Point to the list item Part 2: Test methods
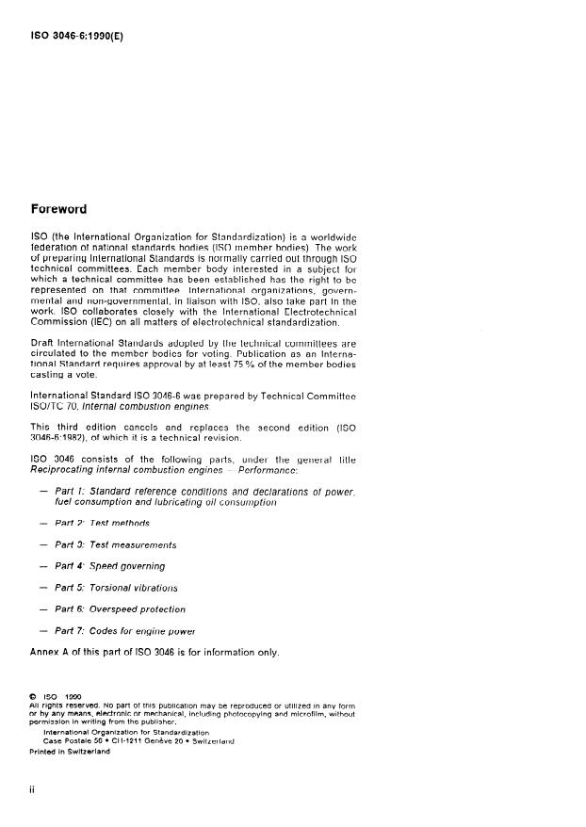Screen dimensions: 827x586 pyautogui.click(x=102, y=523)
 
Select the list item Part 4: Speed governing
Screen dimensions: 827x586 pyautogui.click(x=109, y=566)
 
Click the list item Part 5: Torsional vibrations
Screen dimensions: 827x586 pyautogui.click(x=117, y=588)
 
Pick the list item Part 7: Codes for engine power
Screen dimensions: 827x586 pyautogui.click(x=126, y=631)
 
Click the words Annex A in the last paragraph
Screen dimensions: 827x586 pyautogui.click(x=53, y=652)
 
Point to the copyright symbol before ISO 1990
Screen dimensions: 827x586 pyautogui.click(x=34, y=697)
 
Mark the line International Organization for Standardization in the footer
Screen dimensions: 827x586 pyautogui.click(x=125, y=731)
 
